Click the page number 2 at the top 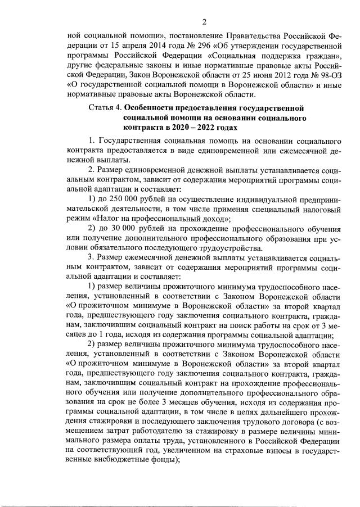click(204, 22)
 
